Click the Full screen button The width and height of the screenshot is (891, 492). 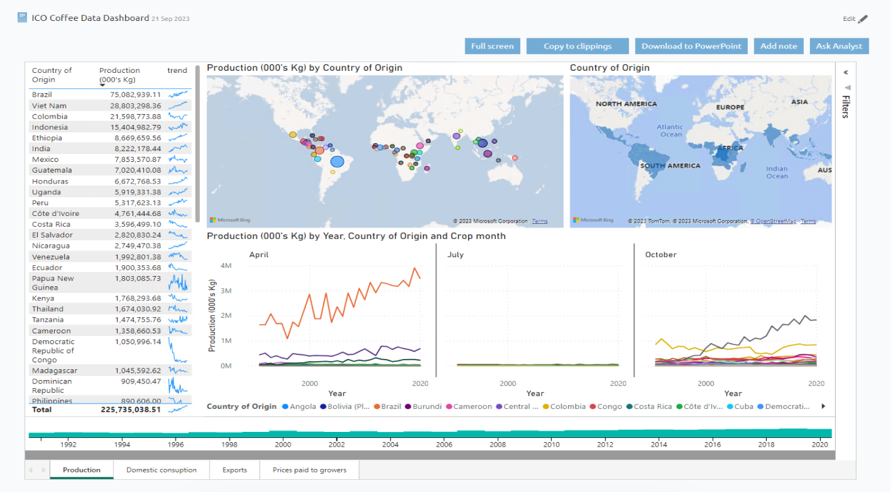pos(492,46)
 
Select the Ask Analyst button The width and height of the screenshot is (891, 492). pos(839,46)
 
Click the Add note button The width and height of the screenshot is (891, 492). pos(778,46)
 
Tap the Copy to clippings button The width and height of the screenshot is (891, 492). pos(578,46)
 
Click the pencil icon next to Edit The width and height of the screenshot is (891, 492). pos(863,19)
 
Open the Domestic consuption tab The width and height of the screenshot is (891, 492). pos(161,470)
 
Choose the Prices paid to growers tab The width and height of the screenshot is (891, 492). pos(309,470)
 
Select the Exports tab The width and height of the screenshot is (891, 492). pos(234,470)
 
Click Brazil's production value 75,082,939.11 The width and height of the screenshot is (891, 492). pos(135,94)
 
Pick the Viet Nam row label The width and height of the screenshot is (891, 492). pos(49,106)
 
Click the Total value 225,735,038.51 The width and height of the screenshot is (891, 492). pos(131,409)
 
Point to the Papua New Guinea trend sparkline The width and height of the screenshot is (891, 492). pos(178,282)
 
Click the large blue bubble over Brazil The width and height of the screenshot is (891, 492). pos(337,161)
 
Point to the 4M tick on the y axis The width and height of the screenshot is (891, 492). pos(226,266)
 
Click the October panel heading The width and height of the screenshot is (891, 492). pos(661,254)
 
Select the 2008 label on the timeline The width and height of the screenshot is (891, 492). pos(498,445)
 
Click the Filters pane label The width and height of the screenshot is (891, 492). pos(845,107)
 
